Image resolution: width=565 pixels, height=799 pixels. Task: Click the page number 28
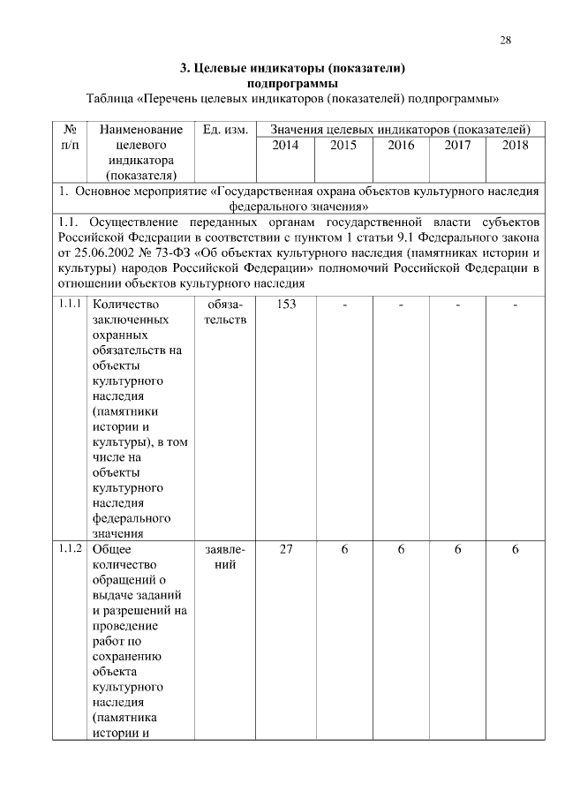click(x=505, y=40)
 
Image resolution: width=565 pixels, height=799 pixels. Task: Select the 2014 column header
click(x=286, y=146)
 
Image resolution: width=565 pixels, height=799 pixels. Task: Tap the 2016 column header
click(x=401, y=146)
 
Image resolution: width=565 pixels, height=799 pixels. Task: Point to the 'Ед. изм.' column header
click(x=224, y=130)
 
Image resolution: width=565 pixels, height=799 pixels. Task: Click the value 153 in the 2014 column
click(x=286, y=305)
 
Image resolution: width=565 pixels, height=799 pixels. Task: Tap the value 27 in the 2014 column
click(x=286, y=549)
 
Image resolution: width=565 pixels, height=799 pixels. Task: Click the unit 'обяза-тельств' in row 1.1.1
click(x=224, y=312)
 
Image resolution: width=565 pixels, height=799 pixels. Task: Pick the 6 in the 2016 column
click(x=401, y=549)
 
